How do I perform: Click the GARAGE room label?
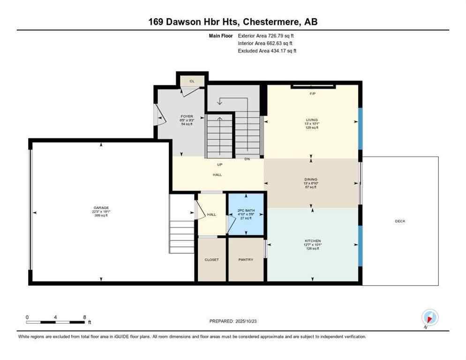pos(101,208)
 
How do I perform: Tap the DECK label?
pos(400,221)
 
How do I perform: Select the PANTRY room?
pos(246,259)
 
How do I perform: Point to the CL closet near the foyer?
pos(192,81)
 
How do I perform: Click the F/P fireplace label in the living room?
pos(312,94)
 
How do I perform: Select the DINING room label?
pos(311,179)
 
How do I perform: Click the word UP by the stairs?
pos(219,165)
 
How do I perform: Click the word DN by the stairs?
pos(247,159)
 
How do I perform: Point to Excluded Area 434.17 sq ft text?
pos(267,51)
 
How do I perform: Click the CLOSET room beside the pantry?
pos(211,259)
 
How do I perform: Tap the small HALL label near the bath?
pos(211,214)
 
